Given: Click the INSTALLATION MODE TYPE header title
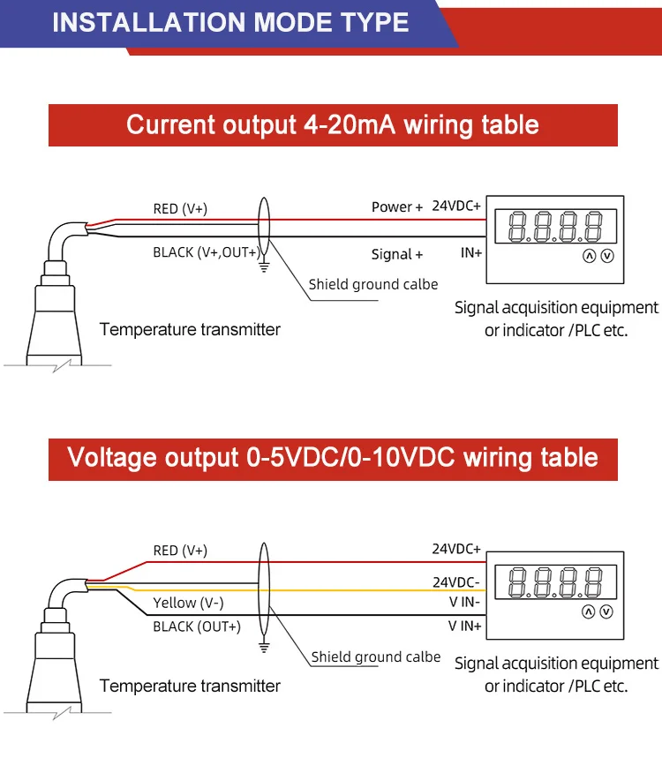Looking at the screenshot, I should [x=230, y=22].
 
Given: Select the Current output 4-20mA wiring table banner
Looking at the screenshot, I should [x=333, y=124].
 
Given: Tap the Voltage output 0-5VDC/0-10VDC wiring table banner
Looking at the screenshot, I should [x=333, y=458].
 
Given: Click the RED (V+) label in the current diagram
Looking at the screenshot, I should [x=180, y=209].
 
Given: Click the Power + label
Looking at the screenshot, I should [x=396, y=207].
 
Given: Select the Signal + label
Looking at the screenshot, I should [x=396, y=254].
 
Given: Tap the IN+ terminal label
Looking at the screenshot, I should [x=470, y=253].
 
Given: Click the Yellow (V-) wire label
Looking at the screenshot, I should [x=188, y=604].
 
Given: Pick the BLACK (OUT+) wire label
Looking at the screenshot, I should [x=196, y=626].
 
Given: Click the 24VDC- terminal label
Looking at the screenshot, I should [x=455, y=581].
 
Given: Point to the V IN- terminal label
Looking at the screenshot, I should [x=464, y=604].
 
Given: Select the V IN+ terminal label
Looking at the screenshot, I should [x=464, y=626].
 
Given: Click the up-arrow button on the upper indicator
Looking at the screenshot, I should [x=589, y=256].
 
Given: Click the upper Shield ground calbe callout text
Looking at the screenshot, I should [x=372, y=284].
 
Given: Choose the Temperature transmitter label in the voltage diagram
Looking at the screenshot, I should [x=190, y=686].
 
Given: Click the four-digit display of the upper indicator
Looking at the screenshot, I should [x=556, y=227].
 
